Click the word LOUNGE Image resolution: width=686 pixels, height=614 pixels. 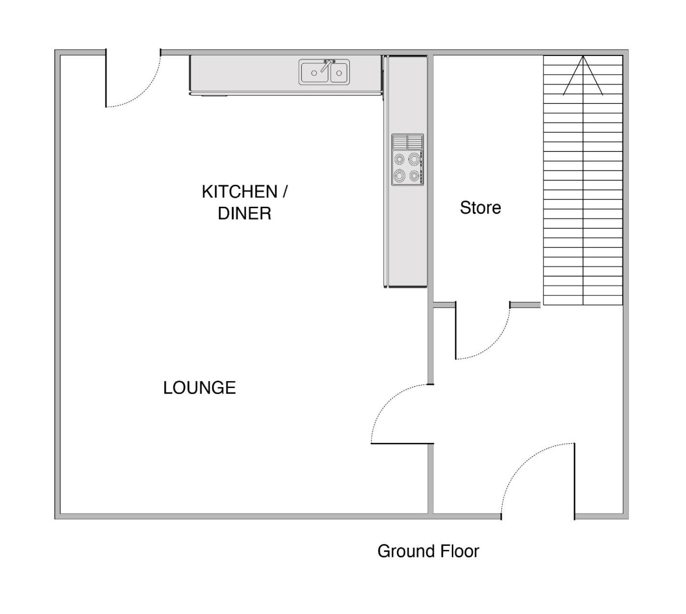pos(199,388)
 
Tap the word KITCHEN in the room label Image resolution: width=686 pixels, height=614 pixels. pos(240,192)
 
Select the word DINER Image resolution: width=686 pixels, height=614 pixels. pos(245,213)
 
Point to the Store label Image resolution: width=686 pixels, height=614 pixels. pos(480,208)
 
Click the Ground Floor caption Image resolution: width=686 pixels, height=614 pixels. pos(428,551)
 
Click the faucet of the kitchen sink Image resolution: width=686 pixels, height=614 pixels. pos(326,65)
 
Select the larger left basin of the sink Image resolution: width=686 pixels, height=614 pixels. pos(314,73)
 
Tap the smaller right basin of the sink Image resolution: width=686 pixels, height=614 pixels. pos(339,73)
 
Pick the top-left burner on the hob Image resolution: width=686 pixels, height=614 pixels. pos(399,159)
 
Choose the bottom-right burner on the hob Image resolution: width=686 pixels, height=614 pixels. pos(414,175)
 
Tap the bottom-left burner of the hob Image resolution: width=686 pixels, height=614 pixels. pos(399,175)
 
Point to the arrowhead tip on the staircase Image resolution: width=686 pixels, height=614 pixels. pos(583,56)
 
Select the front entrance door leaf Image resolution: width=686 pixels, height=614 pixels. pos(574,481)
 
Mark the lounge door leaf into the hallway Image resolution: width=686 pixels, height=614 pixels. pos(402,443)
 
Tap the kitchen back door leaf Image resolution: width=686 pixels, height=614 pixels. pos(106,78)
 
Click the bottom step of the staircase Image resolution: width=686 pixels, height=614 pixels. pos(583,300)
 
